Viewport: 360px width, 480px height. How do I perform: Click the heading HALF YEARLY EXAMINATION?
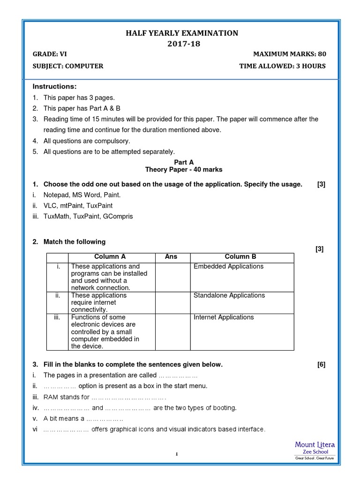coord(181,33)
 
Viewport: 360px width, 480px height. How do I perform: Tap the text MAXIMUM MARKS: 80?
coord(289,54)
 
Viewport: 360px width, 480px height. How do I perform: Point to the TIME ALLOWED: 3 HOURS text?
coord(282,66)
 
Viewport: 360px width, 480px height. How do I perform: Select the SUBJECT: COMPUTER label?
coord(67,66)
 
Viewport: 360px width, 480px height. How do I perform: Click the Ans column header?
coord(171,257)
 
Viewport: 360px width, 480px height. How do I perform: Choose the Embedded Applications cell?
coord(228,267)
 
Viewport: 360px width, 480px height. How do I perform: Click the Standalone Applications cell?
coord(229,296)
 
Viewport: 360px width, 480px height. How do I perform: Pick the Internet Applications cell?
coord(224,317)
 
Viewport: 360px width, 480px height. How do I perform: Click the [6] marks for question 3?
coord(321,365)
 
